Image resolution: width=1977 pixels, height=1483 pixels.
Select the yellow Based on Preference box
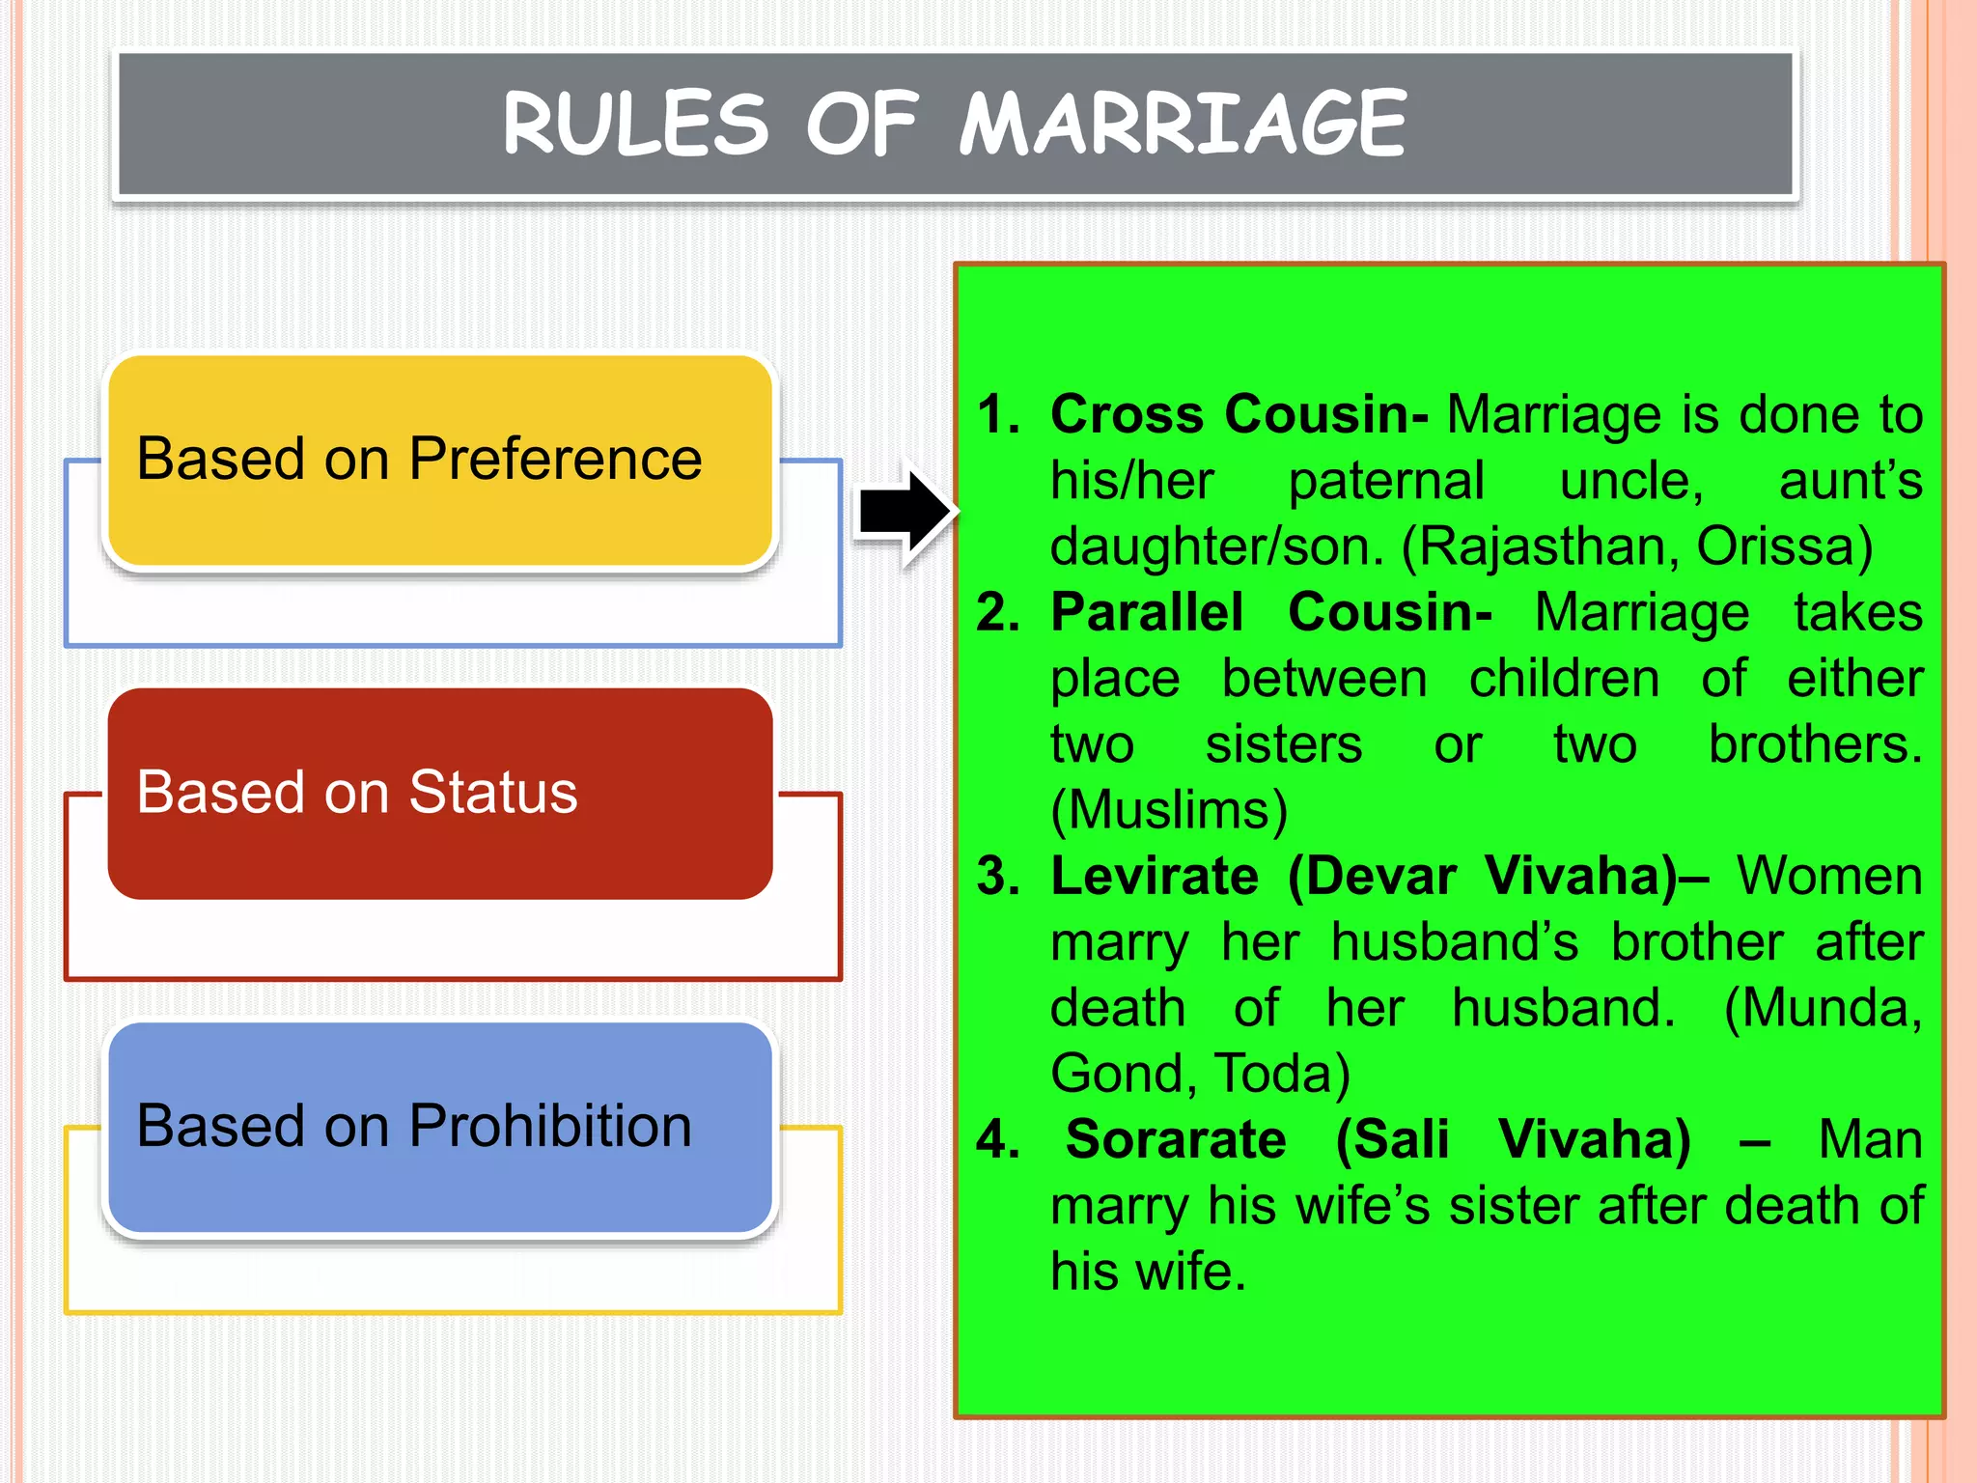point(439,460)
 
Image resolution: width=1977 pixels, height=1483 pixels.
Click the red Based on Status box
point(439,794)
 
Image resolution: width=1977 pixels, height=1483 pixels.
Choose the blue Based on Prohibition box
point(439,1127)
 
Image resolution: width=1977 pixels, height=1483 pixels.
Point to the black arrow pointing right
point(904,513)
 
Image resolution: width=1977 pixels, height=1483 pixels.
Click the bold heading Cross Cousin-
point(1239,414)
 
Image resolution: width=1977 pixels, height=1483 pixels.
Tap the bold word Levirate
point(1155,876)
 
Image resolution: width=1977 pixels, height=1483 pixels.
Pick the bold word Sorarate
point(1176,1139)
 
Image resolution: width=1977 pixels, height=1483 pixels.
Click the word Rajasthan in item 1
point(1543,546)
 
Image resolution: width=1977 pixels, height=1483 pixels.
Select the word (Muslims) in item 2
point(1169,809)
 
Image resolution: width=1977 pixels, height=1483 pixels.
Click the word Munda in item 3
point(1828,1008)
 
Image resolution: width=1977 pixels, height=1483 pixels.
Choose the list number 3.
point(998,876)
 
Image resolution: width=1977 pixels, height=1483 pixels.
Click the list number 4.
point(998,1139)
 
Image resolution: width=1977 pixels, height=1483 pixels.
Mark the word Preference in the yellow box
point(555,459)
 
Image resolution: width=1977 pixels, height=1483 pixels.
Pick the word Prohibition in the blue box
point(550,1126)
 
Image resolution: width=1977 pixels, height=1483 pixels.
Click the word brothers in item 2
point(1815,744)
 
